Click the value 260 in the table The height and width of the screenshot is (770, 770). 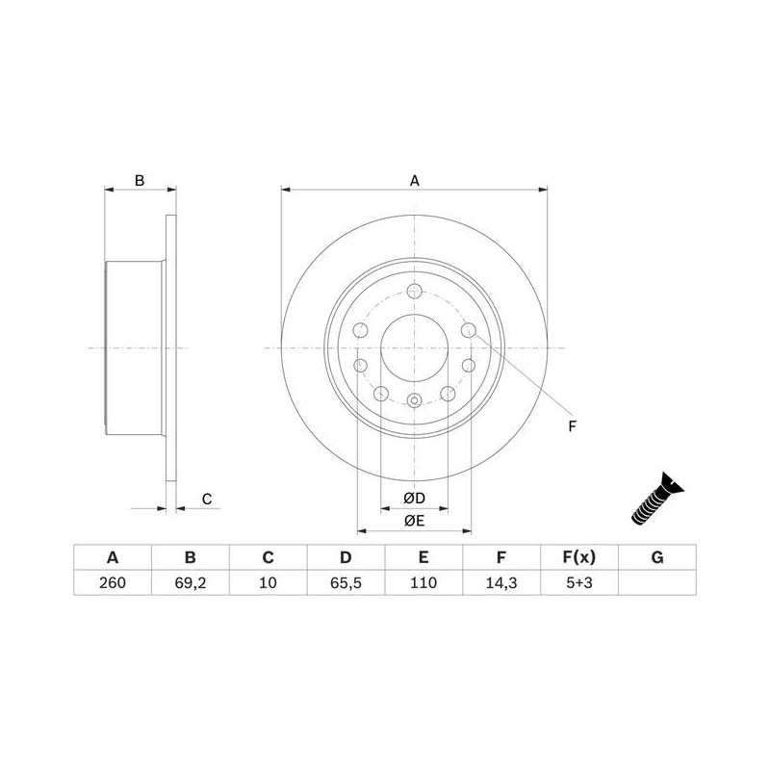[x=113, y=582]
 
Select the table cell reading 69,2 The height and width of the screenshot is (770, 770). [x=190, y=582]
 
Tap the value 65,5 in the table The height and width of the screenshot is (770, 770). [x=346, y=582]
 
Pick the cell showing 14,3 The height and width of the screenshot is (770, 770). [x=500, y=582]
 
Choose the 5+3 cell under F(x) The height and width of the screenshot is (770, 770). [x=579, y=582]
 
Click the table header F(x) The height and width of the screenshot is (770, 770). [x=579, y=557]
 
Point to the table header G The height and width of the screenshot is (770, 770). [x=657, y=557]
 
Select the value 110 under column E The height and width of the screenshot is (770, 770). [x=423, y=582]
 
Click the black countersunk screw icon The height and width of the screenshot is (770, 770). [x=657, y=499]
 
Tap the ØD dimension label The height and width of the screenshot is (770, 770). [x=414, y=499]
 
